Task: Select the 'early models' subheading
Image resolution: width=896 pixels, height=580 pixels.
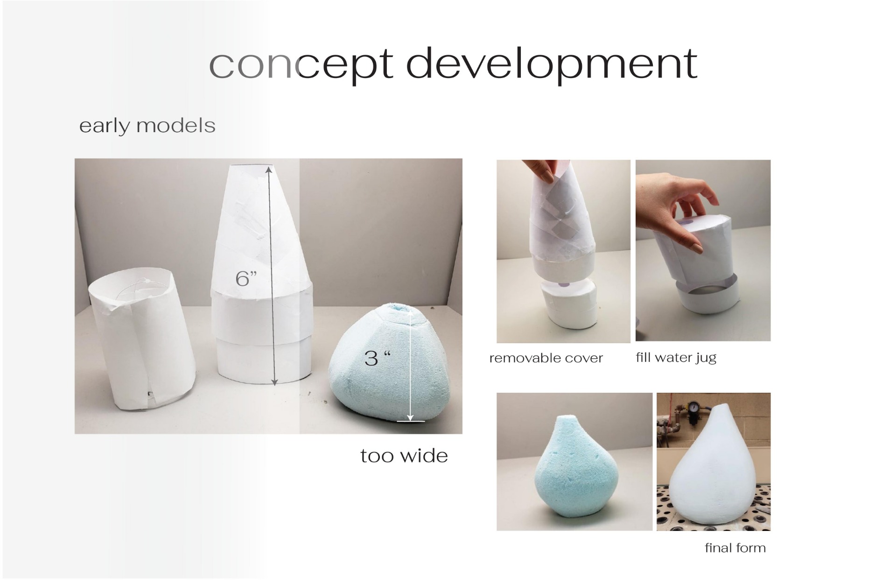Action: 147,126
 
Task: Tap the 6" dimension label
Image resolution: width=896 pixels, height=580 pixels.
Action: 246,279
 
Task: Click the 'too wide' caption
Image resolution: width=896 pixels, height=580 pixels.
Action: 404,456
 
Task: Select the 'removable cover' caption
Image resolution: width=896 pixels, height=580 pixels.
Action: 546,358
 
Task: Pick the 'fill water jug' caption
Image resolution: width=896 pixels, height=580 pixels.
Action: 676,358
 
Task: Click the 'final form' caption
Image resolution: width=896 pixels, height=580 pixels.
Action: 735,548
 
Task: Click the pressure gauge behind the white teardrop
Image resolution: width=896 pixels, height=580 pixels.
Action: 691,406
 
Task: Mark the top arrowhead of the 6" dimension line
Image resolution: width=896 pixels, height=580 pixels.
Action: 269,170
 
